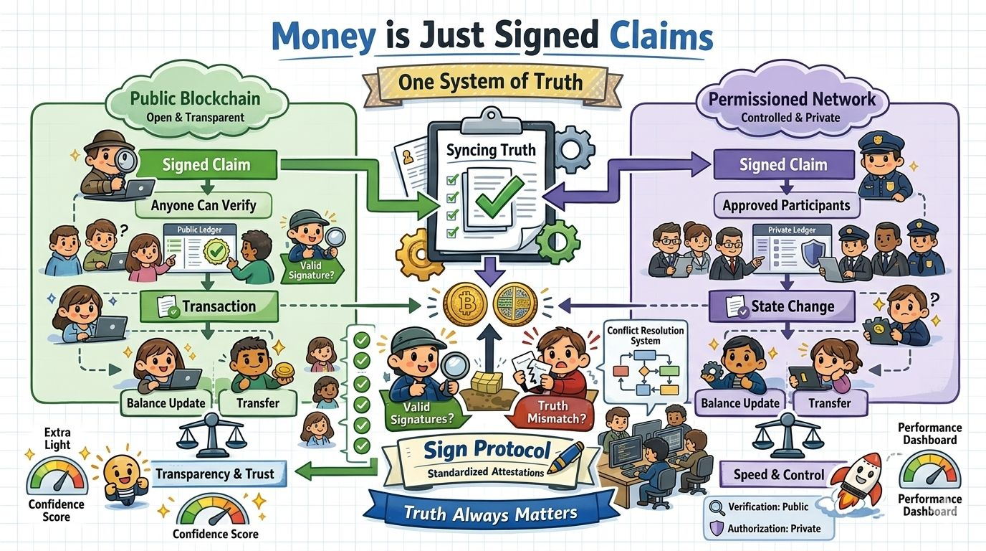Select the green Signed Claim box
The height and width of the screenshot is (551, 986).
click(x=206, y=164)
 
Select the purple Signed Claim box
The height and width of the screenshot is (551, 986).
click(x=783, y=164)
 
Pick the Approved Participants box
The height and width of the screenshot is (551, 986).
click(x=786, y=206)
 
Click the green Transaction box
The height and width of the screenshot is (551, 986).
click(x=209, y=306)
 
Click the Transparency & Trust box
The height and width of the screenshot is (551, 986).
click(x=214, y=474)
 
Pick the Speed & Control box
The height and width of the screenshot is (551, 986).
click(x=779, y=475)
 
